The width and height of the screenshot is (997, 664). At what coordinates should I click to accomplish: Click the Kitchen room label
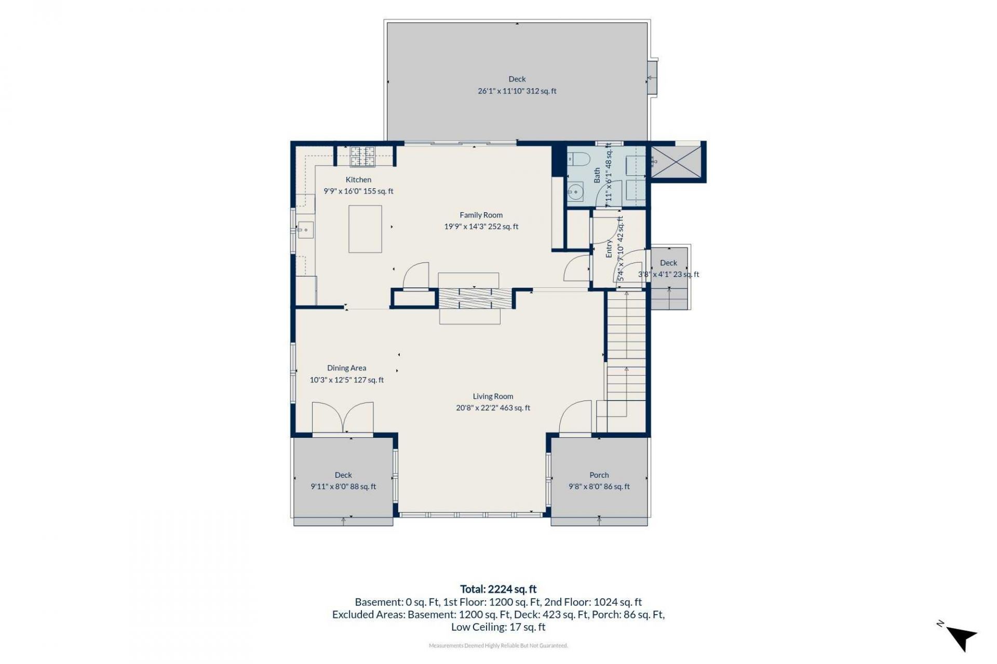(x=358, y=179)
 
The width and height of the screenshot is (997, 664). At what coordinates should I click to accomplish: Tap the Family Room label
(x=481, y=215)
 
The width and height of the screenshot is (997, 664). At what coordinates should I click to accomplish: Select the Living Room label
(x=493, y=396)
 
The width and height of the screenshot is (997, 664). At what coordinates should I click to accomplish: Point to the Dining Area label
(x=346, y=368)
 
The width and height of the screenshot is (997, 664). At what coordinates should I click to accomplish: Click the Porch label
(x=599, y=475)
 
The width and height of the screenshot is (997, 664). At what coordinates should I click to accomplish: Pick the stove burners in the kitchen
(x=362, y=157)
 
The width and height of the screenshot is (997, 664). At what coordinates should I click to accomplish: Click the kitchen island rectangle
(x=365, y=229)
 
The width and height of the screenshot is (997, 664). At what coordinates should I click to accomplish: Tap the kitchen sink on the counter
(x=305, y=229)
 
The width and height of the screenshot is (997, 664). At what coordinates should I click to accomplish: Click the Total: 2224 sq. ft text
(x=498, y=589)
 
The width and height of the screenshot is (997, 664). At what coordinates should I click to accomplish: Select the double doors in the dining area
(x=343, y=418)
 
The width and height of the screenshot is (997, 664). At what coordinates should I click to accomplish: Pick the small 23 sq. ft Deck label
(x=669, y=263)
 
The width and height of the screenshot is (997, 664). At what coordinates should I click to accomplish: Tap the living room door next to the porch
(x=575, y=417)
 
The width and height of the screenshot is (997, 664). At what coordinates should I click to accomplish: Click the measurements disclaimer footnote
(x=498, y=646)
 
